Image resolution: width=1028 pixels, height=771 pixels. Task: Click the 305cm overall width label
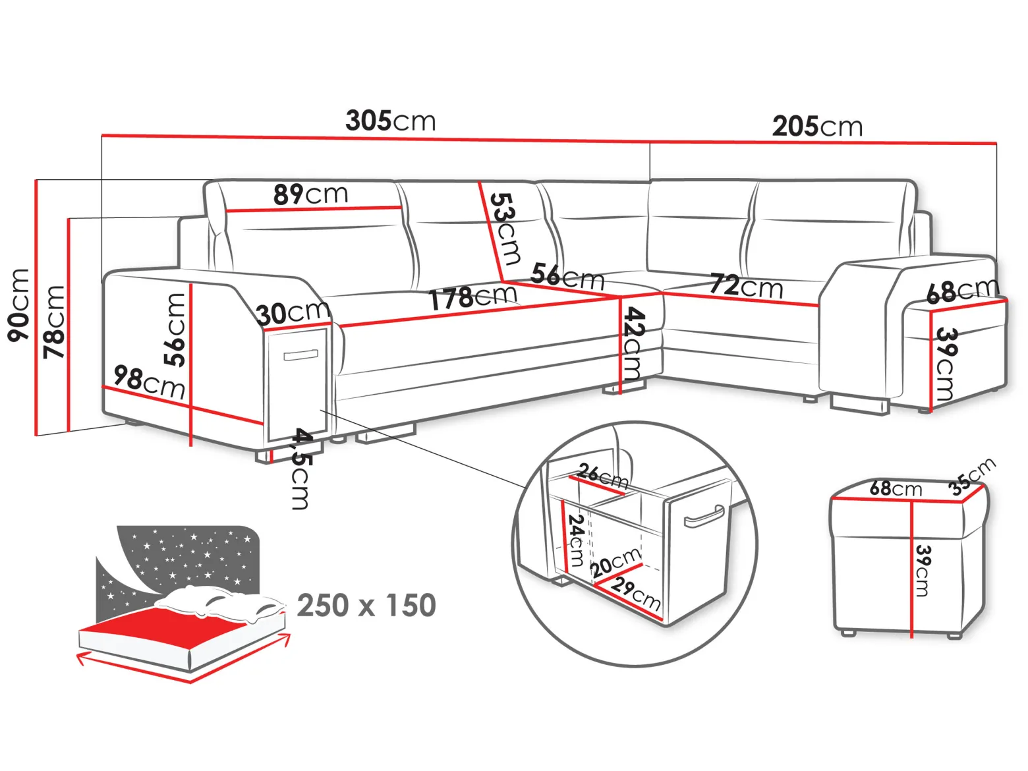[x=390, y=121]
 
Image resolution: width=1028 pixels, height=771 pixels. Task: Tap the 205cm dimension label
[x=816, y=127]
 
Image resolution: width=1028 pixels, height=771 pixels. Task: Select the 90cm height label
[x=18, y=304]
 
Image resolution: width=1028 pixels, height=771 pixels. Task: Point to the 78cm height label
[x=53, y=322]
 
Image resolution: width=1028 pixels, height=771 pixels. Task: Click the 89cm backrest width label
[x=310, y=194]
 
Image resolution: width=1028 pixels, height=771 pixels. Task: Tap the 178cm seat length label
[x=474, y=297]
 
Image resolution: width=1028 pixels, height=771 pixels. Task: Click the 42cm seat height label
[x=635, y=343]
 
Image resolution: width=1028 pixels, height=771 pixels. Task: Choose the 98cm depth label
[x=150, y=382]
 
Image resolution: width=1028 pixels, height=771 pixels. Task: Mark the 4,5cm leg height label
[x=300, y=469]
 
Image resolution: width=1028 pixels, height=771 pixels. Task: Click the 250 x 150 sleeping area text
[x=366, y=605]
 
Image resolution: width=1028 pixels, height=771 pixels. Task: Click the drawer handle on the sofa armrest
[x=300, y=355]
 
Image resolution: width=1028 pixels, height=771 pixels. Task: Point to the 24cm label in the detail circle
[x=575, y=541]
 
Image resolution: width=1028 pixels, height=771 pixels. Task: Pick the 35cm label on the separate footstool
[x=972, y=476]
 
